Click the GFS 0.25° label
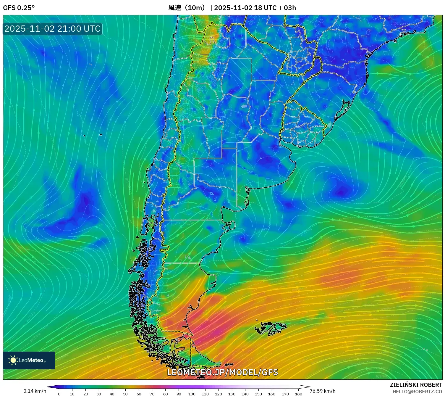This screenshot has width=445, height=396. pos(19,8)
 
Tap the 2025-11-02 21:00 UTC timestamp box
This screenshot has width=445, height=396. pos(52,29)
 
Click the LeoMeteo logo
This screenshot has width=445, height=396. pos(29,360)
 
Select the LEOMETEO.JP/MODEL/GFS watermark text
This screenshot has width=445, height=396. pos(222,372)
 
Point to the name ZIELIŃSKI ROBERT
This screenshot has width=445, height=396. pos(416,385)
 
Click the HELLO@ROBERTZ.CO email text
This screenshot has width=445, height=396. pos(417,392)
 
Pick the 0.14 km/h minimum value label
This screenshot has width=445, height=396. pos(35,391)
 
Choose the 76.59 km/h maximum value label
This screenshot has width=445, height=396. pos(322,391)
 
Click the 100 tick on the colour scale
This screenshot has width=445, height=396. pos(192,394)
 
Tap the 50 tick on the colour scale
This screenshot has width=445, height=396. pos(125,394)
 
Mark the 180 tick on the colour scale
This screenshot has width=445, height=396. pos(299,394)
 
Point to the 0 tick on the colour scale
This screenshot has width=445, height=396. pos(59,394)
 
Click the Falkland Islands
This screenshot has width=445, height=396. pos(271,328)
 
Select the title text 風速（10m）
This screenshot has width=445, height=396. pos(187,8)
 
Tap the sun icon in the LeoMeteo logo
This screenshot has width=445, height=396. pos(13,360)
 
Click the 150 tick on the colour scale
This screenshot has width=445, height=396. pos(258,394)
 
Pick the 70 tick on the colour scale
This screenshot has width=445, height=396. pos(152,394)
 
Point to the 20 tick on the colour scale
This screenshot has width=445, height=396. pos(85,394)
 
